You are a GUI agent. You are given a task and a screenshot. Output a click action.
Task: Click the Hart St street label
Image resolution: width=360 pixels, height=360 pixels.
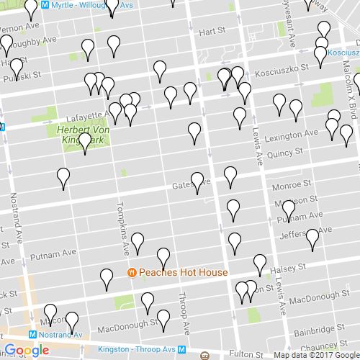click(x=212, y=32)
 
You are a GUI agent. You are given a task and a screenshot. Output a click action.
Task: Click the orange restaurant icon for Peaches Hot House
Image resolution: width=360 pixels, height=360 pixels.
click(x=132, y=273)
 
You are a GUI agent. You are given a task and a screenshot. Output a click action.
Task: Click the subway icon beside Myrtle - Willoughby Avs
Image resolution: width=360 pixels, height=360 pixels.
click(x=45, y=5)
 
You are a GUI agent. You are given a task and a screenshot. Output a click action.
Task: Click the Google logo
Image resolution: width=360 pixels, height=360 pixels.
click(x=26, y=350)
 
